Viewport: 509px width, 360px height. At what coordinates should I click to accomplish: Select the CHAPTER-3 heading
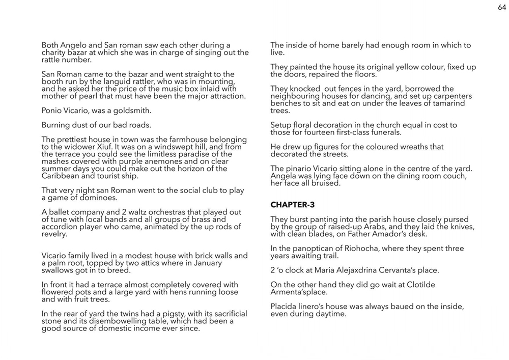tap(293, 205)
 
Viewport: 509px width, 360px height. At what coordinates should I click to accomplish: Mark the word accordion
tap(61, 227)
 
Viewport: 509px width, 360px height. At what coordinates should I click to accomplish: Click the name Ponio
tap(52, 110)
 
